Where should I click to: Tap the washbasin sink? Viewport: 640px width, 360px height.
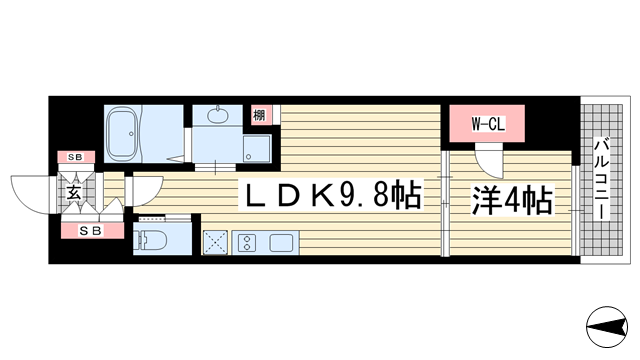coord(217,117)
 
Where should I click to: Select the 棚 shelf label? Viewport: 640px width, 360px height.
coord(259,115)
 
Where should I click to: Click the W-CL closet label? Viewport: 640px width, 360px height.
coord(476,125)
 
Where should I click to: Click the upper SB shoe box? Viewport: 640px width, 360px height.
coord(75,157)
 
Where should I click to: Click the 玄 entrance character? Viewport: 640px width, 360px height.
coord(74,192)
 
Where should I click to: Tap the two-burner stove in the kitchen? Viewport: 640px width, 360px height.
coord(246,243)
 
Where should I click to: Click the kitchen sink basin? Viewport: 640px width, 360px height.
coord(281,243)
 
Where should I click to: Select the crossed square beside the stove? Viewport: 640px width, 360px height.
coord(215,243)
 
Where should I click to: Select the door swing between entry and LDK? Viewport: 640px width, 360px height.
coord(145,193)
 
